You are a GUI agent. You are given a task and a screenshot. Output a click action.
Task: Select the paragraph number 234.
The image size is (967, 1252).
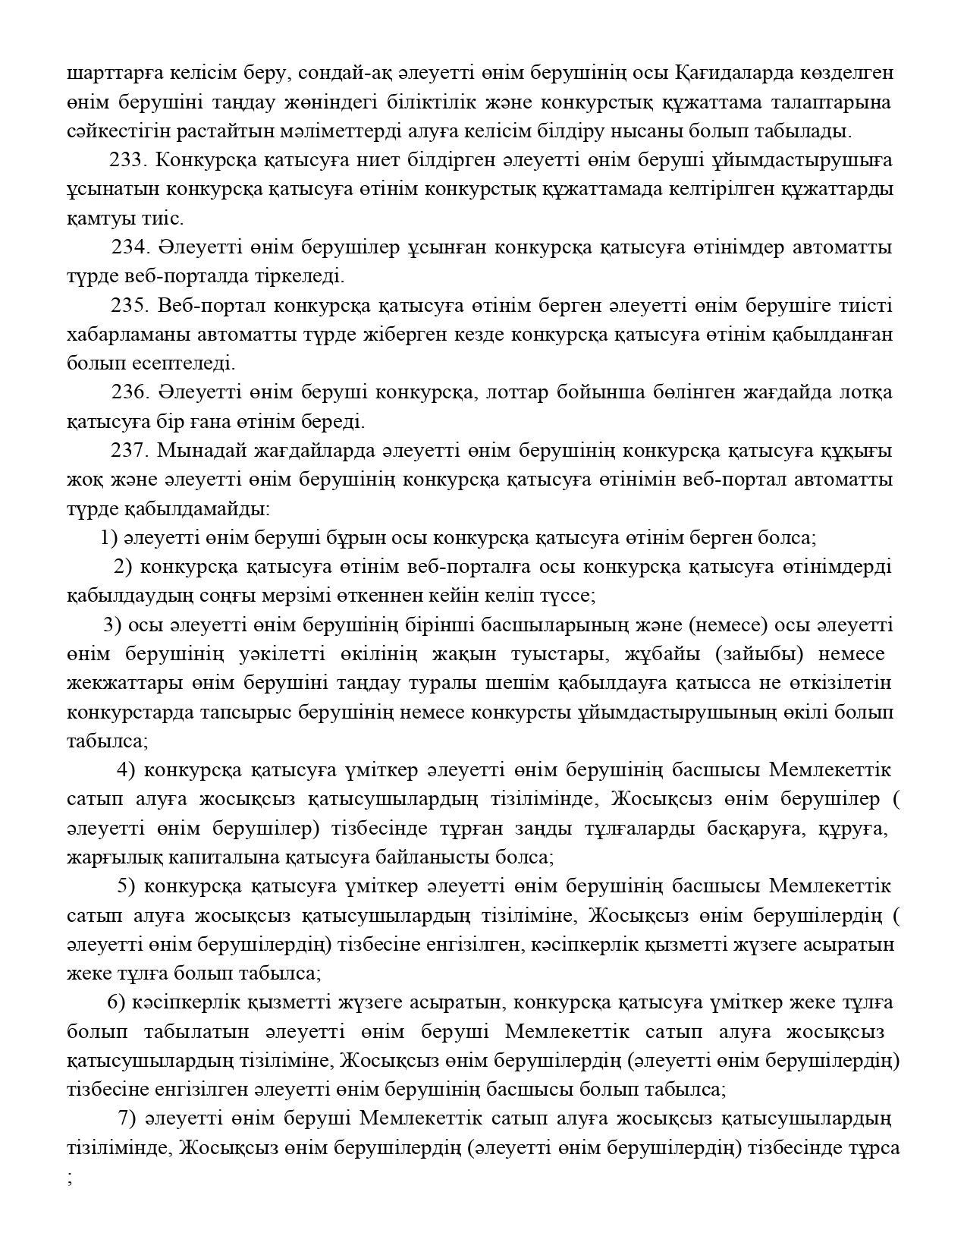(x=129, y=247)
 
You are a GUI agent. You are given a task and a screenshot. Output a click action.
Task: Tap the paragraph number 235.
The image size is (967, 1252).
(x=128, y=305)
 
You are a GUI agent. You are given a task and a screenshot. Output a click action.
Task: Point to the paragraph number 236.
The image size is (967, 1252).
(x=129, y=392)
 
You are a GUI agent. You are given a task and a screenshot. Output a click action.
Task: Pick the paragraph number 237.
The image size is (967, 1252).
(x=128, y=450)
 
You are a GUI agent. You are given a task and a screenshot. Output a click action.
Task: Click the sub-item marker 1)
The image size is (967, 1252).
(x=108, y=538)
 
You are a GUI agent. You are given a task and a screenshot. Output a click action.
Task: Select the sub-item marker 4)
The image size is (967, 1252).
(x=126, y=770)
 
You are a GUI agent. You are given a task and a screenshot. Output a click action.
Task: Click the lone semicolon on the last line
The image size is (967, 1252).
(x=70, y=1178)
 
